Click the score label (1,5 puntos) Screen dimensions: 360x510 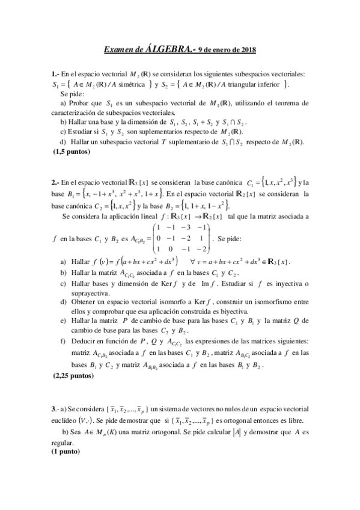(72, 152)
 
